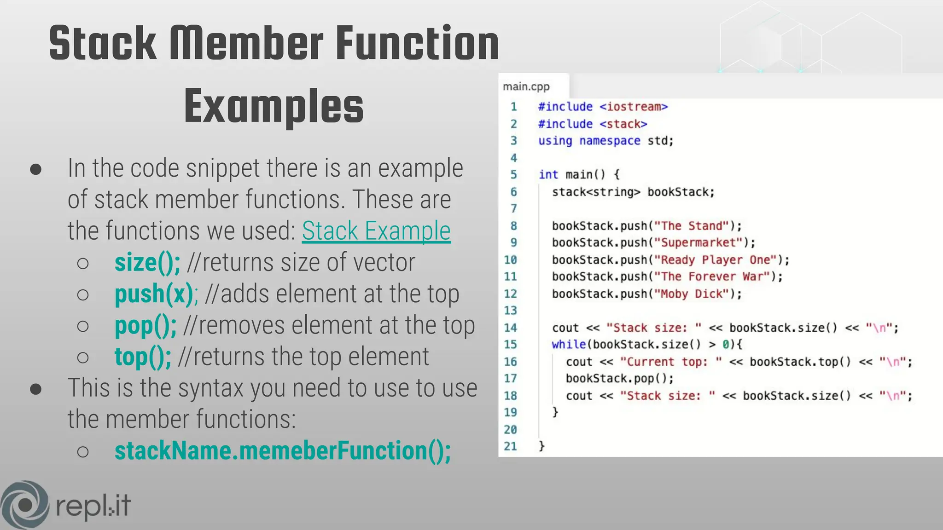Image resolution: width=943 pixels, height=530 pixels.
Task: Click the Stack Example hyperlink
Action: click(376, 230)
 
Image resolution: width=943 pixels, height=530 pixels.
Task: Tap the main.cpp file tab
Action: click(526, 86)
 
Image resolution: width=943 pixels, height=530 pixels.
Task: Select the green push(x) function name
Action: click(154, 294)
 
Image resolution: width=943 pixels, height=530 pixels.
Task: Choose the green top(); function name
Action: click(143, 357)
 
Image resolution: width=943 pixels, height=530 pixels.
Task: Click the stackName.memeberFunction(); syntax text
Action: click(282, 450)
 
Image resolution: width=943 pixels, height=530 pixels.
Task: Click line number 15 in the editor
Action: click(510, 345)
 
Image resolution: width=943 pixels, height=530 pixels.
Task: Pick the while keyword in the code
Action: click(568, 345)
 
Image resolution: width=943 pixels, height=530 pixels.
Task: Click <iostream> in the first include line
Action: click(634, 107)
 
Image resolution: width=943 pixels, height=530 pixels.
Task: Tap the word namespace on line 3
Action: click(610, 141)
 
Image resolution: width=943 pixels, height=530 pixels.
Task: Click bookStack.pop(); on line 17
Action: click(619, 379)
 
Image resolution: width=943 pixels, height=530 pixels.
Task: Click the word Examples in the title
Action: click(274, 107)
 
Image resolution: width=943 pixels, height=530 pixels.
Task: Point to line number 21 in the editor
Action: click(510, 446)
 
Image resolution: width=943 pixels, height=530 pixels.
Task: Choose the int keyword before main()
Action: click(548, 175)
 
